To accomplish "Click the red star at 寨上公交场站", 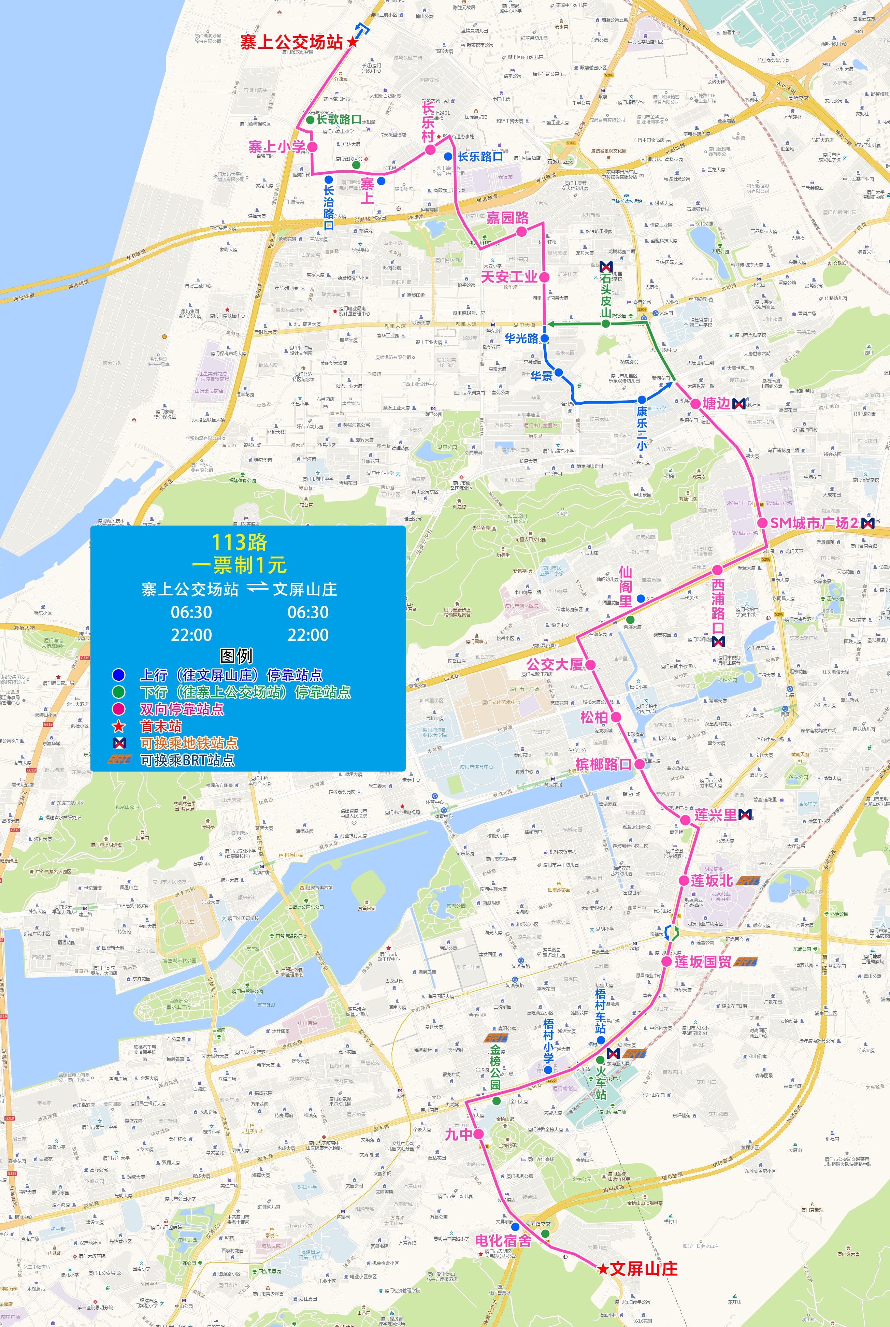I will [x=353, y=42].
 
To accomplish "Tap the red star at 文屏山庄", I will [x=603, y=1269].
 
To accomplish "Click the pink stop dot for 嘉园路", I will [x=521, y=231].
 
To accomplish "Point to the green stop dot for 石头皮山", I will [x=606, y=323].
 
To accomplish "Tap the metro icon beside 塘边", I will [x=738, y=404].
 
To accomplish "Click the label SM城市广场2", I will [x=814, y=523].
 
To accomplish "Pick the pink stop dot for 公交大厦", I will [x=590, y=664].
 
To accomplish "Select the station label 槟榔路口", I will [x=603, y=764].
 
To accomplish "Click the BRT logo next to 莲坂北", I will [x=748, y=880].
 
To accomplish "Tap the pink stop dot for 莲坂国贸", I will [x=666, y=962].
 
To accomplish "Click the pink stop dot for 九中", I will [x=478, y=1134].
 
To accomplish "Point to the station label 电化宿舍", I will [x=503, y=1241].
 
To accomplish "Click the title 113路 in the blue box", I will [x=239, y=542].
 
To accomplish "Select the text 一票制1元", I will [x=239, y=565].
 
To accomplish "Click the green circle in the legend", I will [x=119, y=692].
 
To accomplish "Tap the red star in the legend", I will [x=119, y=726].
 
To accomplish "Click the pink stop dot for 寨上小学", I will [x=312, y=146].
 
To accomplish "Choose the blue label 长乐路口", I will [x=480, y=157].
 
